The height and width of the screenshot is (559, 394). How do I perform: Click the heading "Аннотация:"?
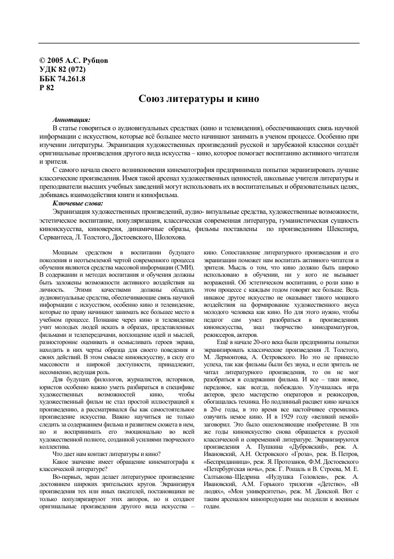pyautogui.click(x=71, y=119)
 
